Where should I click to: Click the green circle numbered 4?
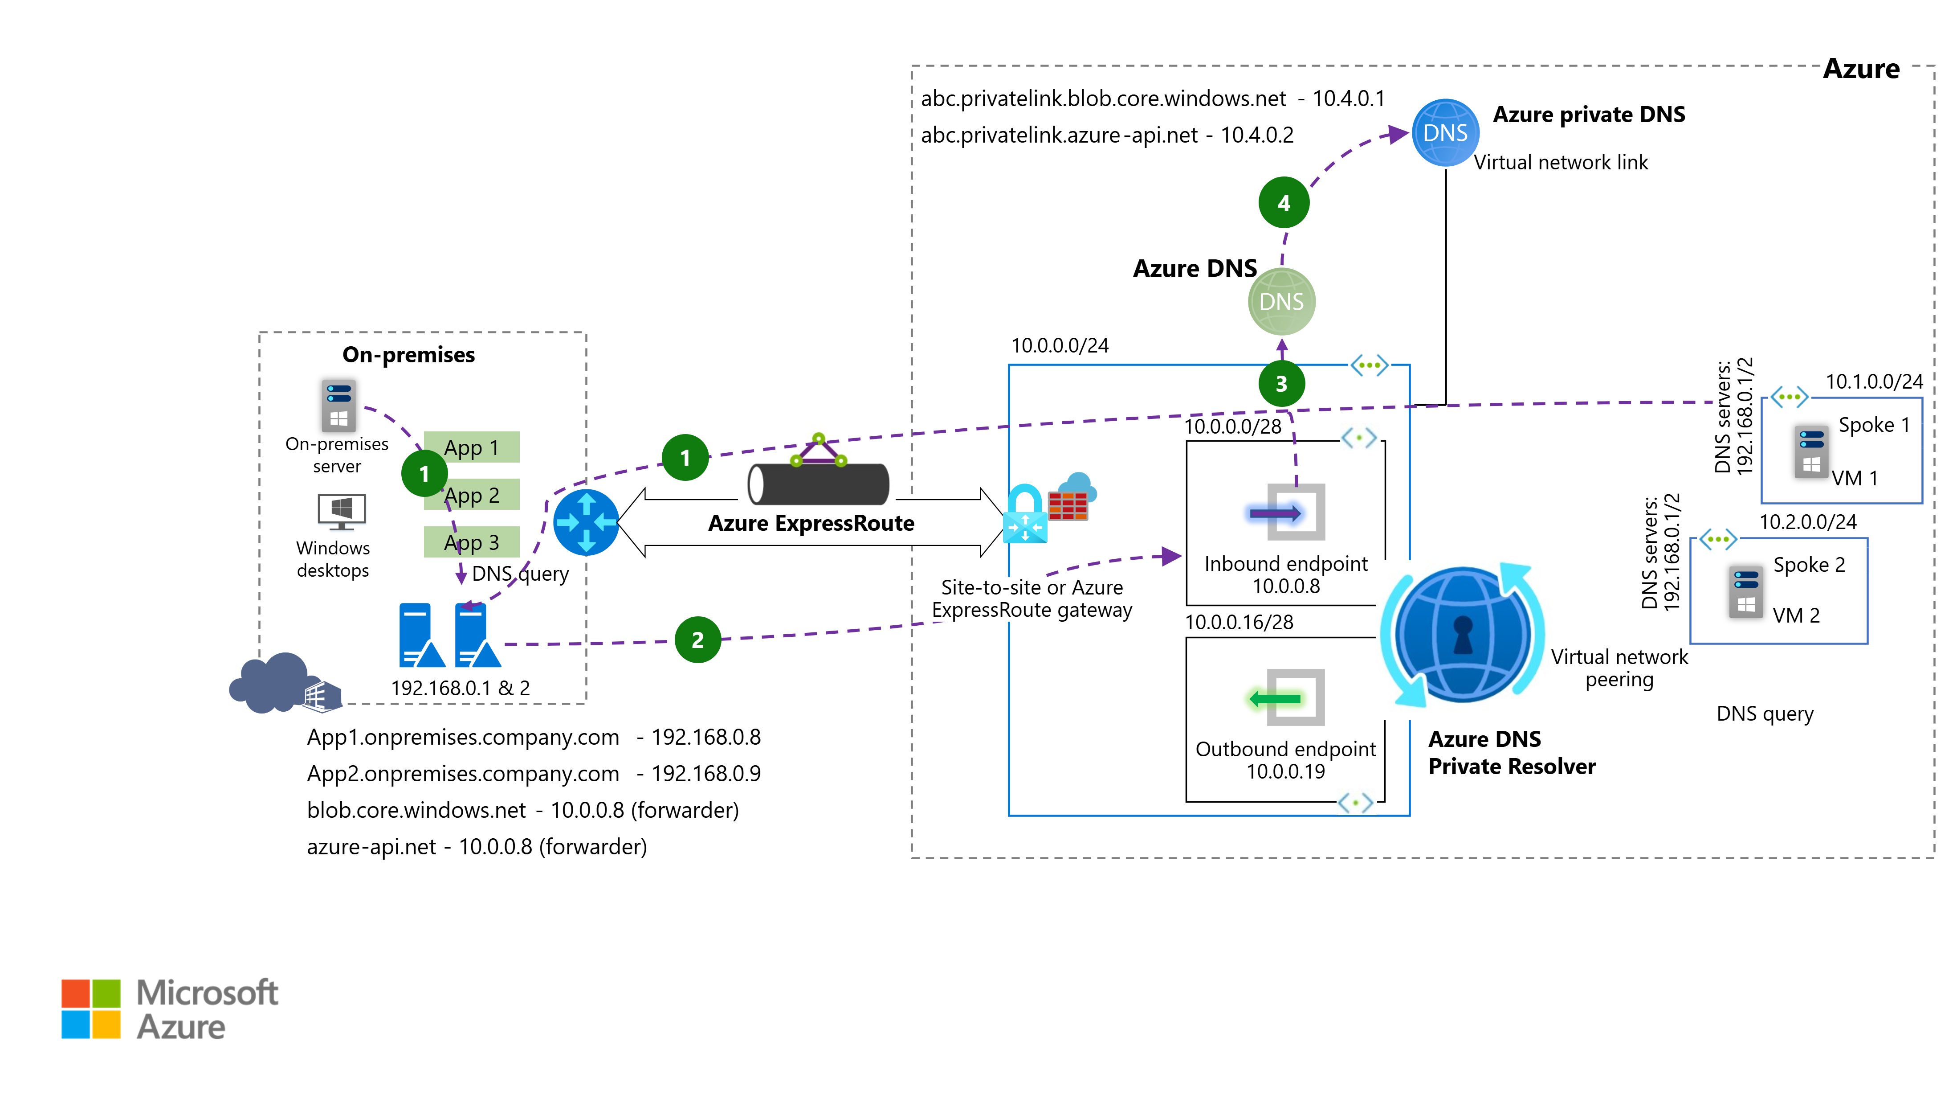click(x=1283, y=203)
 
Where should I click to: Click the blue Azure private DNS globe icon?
click(x=1445, y=133)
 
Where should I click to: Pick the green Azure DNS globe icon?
click(x=1282, y=302)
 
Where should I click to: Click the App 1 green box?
click(x=471, y=448)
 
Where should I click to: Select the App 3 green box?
click(x=471, y=542)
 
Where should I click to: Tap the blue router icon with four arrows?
click(x=586, y=522)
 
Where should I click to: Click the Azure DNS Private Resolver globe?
click(x=1462, y=635)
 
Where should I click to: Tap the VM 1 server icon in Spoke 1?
click(x=1811, y=452)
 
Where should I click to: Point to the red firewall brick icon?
click(x=1068, y=505)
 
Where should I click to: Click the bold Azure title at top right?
click(x=1861, y=69)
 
